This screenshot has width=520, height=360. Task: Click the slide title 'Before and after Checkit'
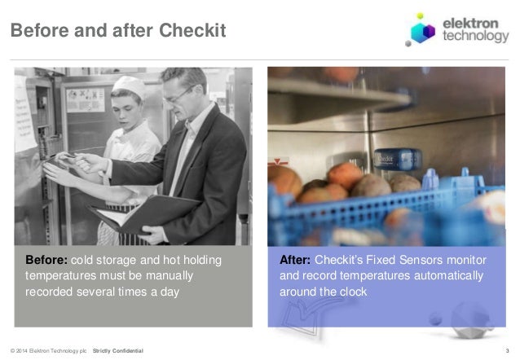click(x=117, y=31)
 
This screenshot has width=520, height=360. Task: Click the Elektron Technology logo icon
click(x=423, y=31)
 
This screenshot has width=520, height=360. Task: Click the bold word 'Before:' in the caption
click(x=47, y=261)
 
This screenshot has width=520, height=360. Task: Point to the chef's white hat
click(x=128, y=86)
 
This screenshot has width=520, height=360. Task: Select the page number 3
click(x=506, y=350)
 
